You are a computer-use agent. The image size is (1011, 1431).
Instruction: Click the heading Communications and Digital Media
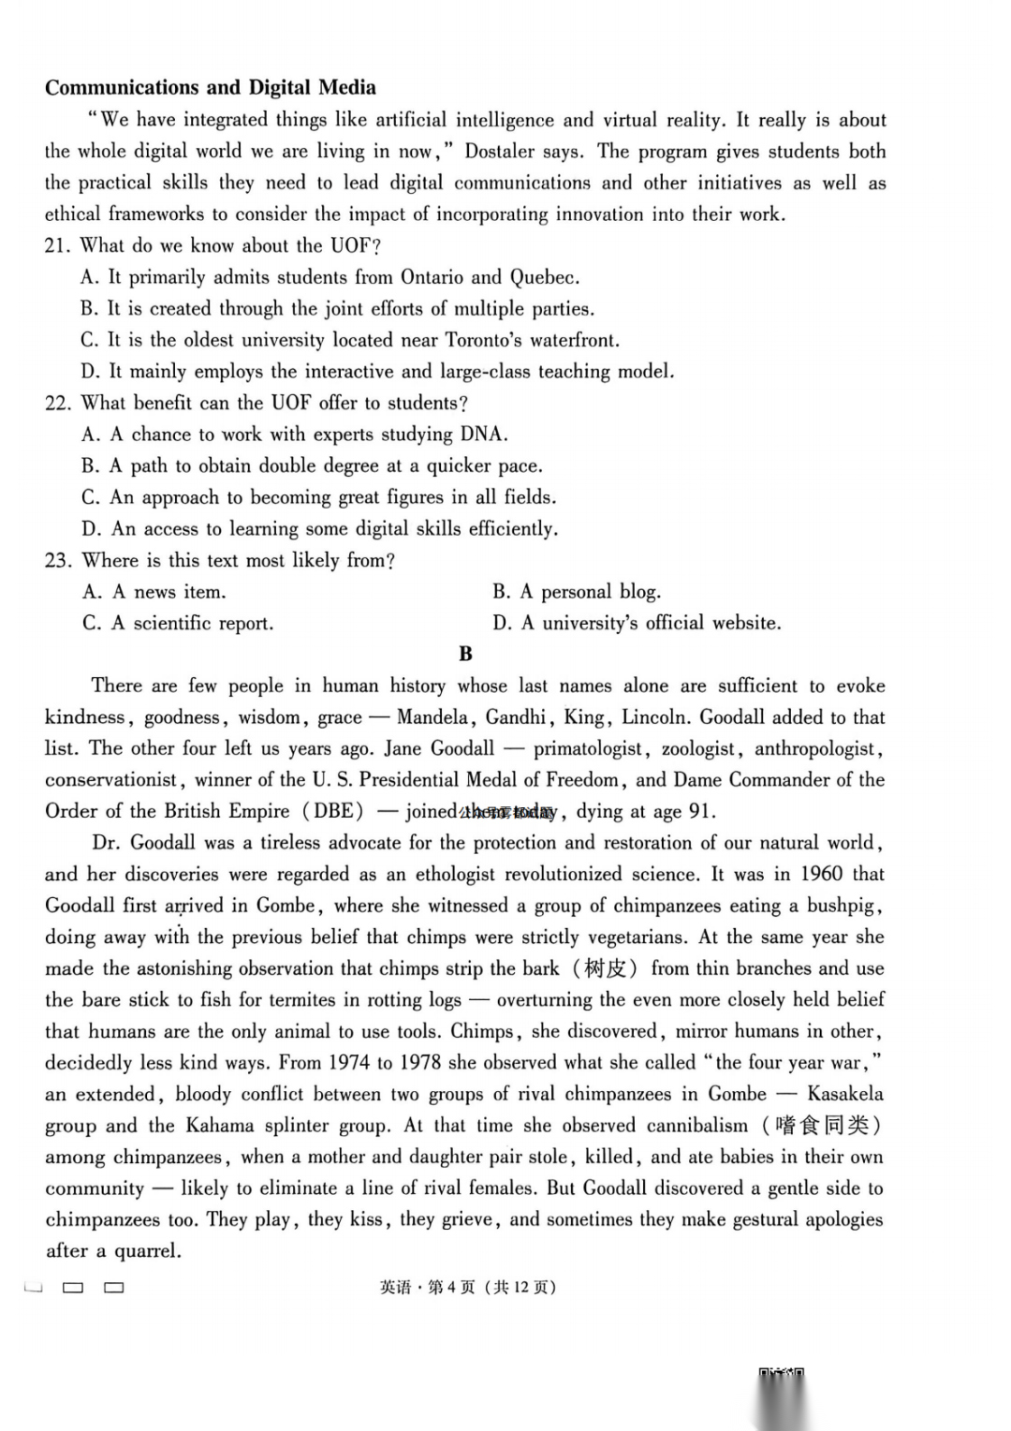pyautogui.click(x=211, y=88)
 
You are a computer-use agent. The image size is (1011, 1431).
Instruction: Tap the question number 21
pyautogui.click(x=57, y=246)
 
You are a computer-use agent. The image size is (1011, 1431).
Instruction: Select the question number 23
pyautogui.click(x=57, y=561)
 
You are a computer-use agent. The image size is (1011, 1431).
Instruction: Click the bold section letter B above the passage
pyautogui.click(x=465, y=655)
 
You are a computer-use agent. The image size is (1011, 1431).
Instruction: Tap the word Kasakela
pyautogui.click(x=844, y=1094)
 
